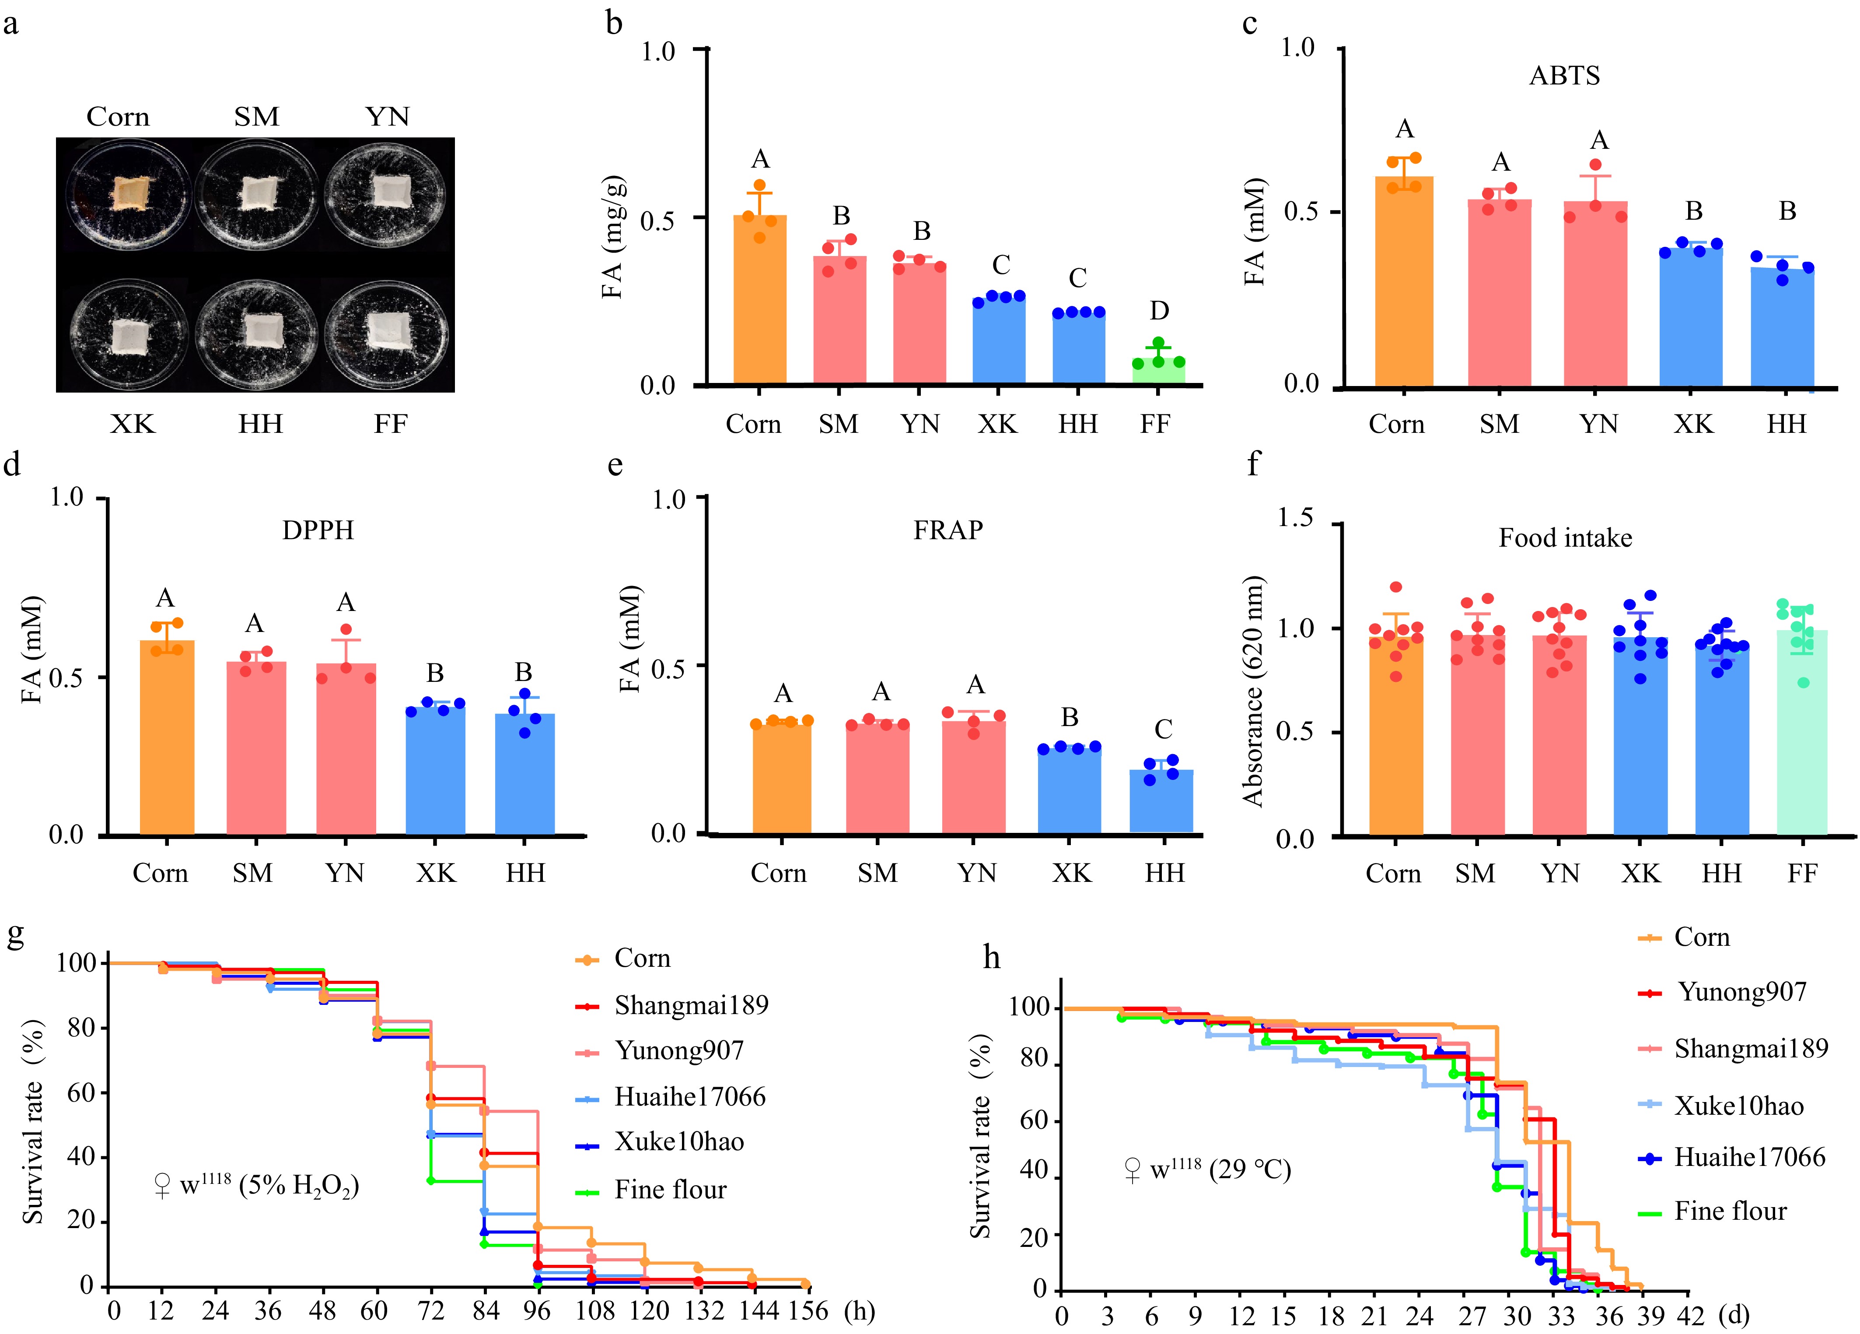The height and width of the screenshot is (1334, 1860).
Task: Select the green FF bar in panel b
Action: click(1158, 371)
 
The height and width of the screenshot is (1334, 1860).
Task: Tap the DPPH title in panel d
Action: click(318, 531)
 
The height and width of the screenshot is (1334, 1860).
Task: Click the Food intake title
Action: click(1565, 538)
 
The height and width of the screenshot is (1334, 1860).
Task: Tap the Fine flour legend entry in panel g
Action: click(670, 1190)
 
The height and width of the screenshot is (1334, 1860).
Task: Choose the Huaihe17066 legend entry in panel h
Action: click(1749, 1158)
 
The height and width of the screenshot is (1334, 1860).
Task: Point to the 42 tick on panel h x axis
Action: click(1689, 1316)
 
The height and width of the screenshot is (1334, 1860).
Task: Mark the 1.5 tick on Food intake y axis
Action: click(1296, 519)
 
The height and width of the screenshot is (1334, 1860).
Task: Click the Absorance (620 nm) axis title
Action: click(1253, 691)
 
